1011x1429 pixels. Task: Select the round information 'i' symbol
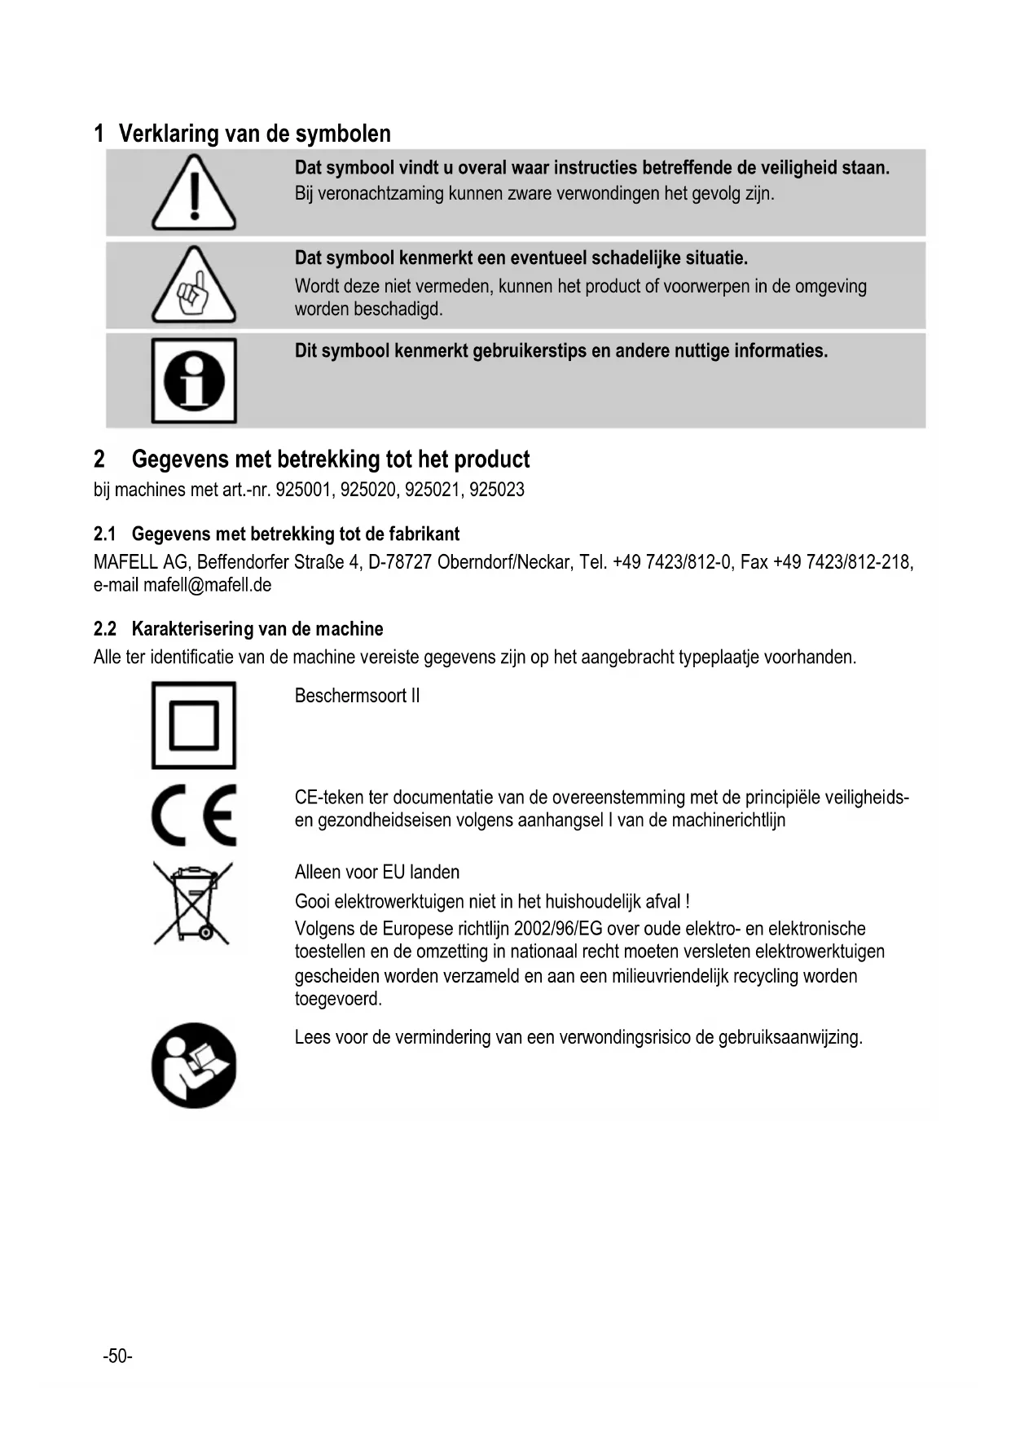[194, 380]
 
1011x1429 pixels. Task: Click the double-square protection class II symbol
[194, 725]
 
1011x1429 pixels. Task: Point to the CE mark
[194, 816]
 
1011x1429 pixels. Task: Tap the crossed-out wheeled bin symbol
[193, 903]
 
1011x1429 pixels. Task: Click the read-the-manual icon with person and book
[194, 1065]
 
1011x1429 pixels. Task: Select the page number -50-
[117, 1356]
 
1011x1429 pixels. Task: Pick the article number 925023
[497, 490]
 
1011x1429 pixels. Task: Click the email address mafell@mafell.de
[208, 585]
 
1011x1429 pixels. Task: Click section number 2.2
[105, 629]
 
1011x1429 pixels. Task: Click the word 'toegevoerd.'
[338, 999]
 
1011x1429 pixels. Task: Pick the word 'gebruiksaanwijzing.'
[790, 1038]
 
